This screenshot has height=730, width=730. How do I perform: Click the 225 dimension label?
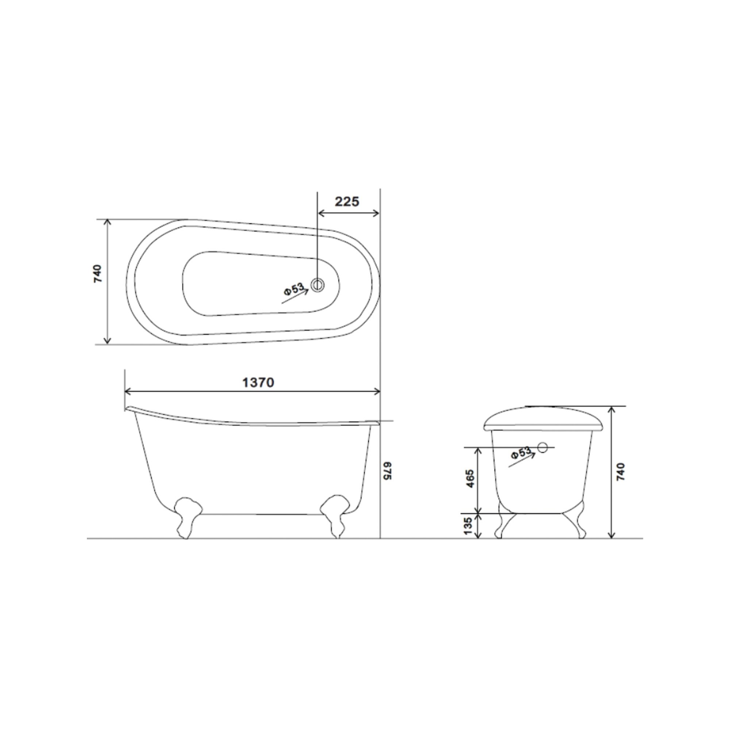[346, 202]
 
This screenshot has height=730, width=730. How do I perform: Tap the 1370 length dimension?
[258, 383]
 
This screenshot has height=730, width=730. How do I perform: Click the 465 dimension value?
[470, 479]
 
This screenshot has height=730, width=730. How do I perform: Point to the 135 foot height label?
[469, 526]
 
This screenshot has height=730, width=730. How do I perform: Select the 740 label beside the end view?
[621, 472]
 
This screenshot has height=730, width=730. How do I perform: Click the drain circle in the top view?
[318, 285]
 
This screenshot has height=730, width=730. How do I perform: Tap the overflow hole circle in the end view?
[543, 447]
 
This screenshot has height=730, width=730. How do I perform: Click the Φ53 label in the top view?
[294, 289]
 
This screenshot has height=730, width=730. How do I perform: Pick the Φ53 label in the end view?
[521, 453]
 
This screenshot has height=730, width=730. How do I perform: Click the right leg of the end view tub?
[576, 524]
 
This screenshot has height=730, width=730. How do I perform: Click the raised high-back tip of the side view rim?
[129, 408]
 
